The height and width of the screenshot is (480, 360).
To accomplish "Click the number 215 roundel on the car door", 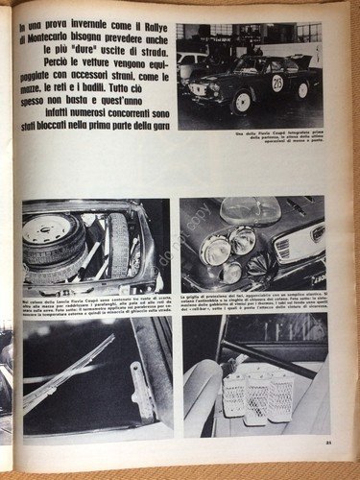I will (277, 83).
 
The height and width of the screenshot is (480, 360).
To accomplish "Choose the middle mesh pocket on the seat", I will (257, 396).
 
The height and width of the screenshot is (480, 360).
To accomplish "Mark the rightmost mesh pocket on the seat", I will (279, 394).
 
